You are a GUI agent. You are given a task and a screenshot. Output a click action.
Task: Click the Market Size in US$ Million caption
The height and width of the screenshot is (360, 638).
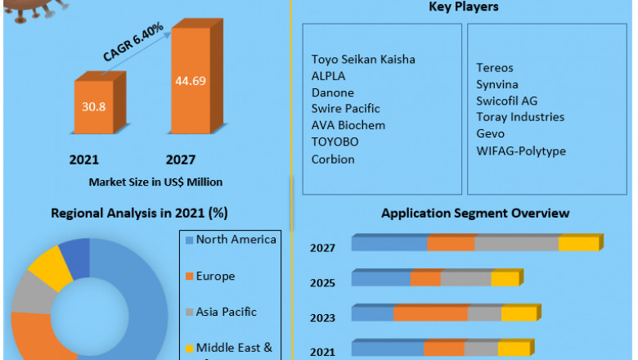(x=155, y=182)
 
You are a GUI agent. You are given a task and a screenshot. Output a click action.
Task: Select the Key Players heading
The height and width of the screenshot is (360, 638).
(x=464, y=7)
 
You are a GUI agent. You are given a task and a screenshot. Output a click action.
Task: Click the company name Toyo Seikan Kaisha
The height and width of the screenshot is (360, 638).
(x=363, y=59)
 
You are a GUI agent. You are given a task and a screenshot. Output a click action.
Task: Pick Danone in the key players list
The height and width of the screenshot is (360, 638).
(x=333, y=92)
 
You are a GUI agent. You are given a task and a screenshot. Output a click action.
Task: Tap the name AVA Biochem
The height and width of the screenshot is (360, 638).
(x=348, y=125)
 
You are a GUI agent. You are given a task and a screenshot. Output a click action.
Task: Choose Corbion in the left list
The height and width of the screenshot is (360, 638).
(x=333, y=159)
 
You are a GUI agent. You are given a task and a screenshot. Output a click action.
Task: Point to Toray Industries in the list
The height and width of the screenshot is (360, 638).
(x=520, y=117)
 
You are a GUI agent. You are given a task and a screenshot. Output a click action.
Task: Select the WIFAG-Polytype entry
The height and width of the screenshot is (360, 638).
(x=521, y=151)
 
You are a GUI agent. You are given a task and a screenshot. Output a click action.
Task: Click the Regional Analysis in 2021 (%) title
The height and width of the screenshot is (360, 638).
(x=139, y=213)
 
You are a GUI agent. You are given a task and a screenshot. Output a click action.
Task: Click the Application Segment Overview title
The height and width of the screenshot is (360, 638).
(x=475, y=213)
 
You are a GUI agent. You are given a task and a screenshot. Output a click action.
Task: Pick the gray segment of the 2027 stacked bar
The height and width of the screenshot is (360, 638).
(x=516, y=244)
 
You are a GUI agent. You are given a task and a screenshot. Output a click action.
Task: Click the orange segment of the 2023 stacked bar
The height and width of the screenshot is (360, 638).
(x=430, y=314)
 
